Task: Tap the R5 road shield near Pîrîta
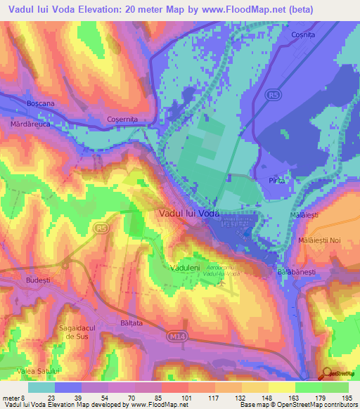(x=273, y=93)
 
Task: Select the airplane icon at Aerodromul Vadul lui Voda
(x=223, y=283)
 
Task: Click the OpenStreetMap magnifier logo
(x=326, y=375)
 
